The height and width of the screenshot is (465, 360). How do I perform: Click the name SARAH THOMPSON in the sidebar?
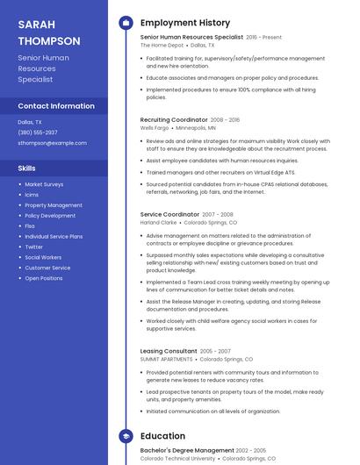point(49,32)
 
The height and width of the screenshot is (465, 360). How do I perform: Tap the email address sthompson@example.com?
point(52,142)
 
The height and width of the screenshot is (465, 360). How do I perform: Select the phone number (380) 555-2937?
point(38,132)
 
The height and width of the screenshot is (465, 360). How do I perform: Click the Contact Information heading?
point(56,106)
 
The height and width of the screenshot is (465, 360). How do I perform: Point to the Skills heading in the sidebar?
point(27,168)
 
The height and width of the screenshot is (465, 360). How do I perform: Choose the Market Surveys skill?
point(44,184)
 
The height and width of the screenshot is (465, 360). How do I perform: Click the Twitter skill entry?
point(34,247)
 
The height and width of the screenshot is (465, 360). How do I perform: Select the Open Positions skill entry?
point(44,278)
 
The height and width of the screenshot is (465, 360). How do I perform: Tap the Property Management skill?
point(54,205)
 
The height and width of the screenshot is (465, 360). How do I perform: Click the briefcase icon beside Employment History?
point(126,23)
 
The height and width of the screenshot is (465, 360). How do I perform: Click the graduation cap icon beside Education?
point(126,435)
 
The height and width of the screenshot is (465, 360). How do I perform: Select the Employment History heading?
point(185,23)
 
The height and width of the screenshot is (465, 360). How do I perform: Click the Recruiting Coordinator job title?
point(173,120)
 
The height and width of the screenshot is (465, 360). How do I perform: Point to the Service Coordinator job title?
point(169,214)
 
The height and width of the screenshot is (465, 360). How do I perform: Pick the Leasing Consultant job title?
point(169,351)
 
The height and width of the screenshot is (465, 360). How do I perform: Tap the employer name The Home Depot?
point(162,45)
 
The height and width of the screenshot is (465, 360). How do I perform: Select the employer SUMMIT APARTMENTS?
point(167,359)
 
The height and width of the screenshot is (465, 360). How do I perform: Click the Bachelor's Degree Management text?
point(187,450)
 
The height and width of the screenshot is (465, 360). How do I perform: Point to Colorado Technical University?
point(177,458)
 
